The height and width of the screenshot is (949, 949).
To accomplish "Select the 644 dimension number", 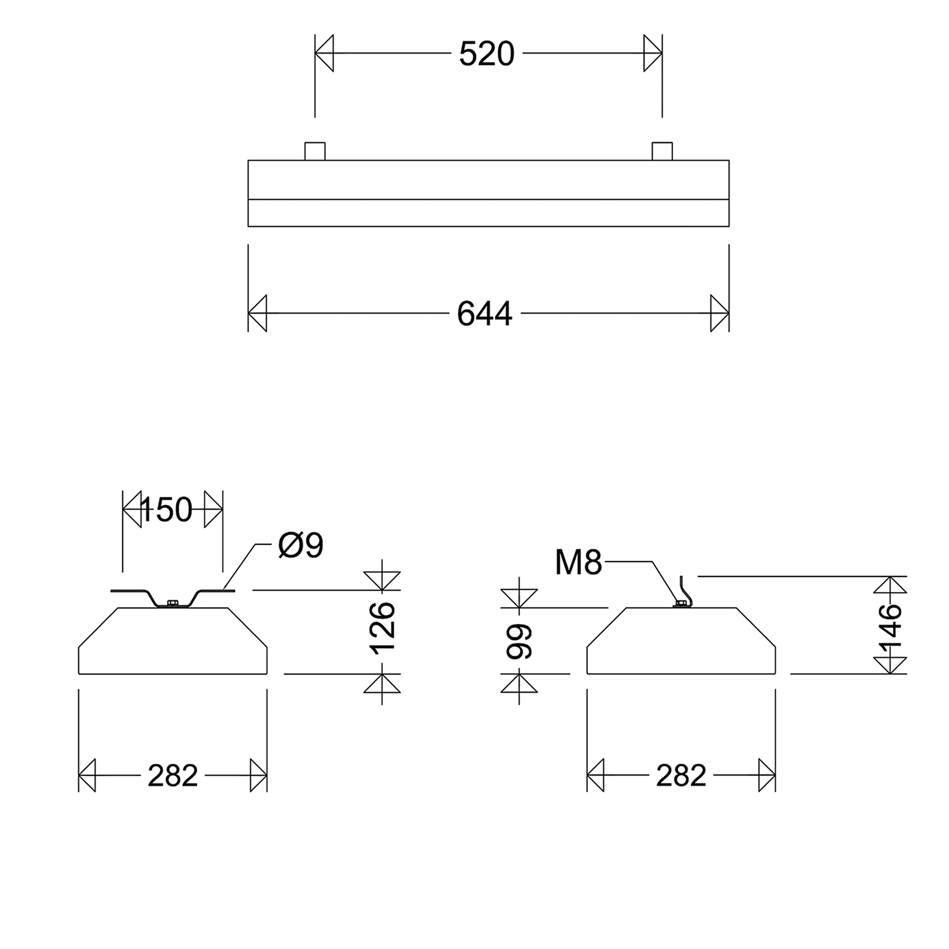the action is (x=484, y=314).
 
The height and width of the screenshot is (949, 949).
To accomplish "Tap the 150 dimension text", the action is (x=166, y=510).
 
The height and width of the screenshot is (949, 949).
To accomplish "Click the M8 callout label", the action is (x=578, y=562).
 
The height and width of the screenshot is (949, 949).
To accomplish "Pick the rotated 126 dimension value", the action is (x=382, y=628).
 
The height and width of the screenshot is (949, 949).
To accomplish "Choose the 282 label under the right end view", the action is (x=681, y=776).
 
